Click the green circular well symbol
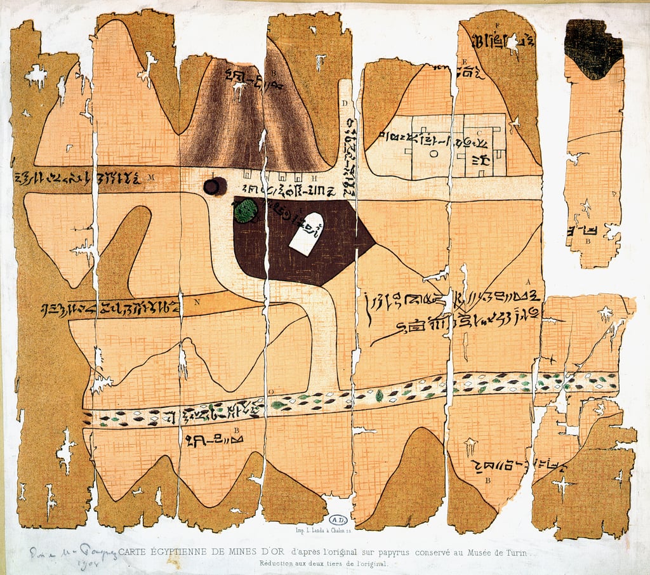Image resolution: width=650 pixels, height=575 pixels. [246, 211]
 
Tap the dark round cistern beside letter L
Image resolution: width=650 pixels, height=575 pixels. [214, 187]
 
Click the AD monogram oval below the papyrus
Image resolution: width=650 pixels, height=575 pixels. [336, 519]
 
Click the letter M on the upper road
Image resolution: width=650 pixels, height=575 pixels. [151, 177]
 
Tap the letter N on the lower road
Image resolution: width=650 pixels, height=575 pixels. [196, 302]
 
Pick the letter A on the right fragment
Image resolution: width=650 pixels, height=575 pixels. [527, 280]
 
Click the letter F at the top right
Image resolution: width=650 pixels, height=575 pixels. [497, 25]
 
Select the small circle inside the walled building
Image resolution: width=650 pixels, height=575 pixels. [433, 153]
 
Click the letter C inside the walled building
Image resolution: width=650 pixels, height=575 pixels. [479, 133]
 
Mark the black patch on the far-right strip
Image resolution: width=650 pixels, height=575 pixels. [593, 48]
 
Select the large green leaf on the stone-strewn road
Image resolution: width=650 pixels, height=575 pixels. [379, 395]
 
